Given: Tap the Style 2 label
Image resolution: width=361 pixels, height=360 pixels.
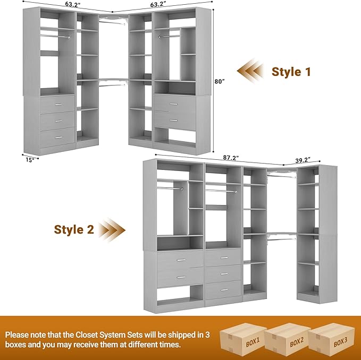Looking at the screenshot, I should pos(74,229).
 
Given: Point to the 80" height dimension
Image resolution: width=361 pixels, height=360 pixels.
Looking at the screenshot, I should pos(220,81).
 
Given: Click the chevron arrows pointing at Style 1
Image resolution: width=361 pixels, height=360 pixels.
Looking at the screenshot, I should pos(250,71).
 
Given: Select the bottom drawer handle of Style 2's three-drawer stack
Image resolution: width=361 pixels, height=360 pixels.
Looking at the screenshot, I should pos(223,290).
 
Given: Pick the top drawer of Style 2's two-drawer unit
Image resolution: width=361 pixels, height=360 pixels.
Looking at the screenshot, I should pos(180,260).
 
